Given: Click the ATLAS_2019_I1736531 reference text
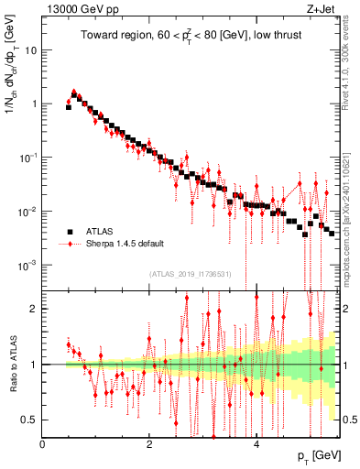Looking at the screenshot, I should tap(189, 274).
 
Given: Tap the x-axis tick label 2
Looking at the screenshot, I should tap(149, 442).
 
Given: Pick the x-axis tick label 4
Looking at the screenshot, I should tap(256, 442).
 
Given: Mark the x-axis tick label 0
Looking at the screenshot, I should tap(43, 442).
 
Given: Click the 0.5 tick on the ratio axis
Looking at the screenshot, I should tap(29, 420).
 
